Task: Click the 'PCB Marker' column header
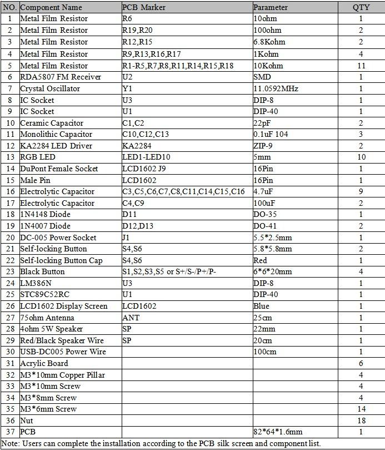(144, 7)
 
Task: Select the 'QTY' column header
(361, 7)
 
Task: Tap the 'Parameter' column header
(271, 7)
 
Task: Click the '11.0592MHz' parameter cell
(276, 88)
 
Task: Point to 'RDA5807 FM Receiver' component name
(60, 77)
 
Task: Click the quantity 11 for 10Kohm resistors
(361, 66)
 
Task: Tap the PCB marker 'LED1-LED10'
(146, 157)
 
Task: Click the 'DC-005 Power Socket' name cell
(58, 238)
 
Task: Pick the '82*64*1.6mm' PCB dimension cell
(277, 432)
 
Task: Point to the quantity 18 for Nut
(361, 421)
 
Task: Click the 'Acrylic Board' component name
(44, 363)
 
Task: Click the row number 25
(10, 294)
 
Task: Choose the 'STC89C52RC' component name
(45, 294)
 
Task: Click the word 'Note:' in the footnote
(11, 443)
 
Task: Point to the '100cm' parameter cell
(265, 352)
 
